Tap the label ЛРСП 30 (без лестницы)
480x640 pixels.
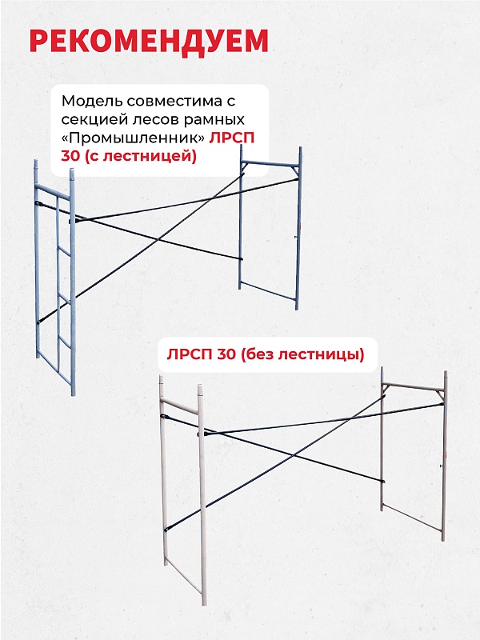pos(265,354)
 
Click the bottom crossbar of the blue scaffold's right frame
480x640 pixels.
pos(268,294)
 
